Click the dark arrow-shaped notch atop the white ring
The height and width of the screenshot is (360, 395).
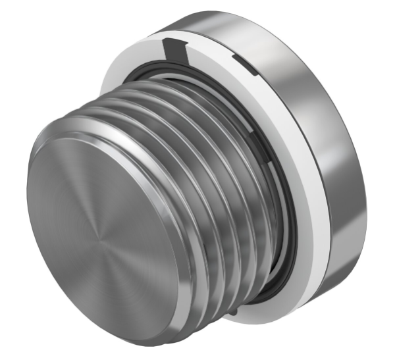(172, 48)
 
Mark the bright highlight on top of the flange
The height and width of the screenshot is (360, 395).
(217, 16)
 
